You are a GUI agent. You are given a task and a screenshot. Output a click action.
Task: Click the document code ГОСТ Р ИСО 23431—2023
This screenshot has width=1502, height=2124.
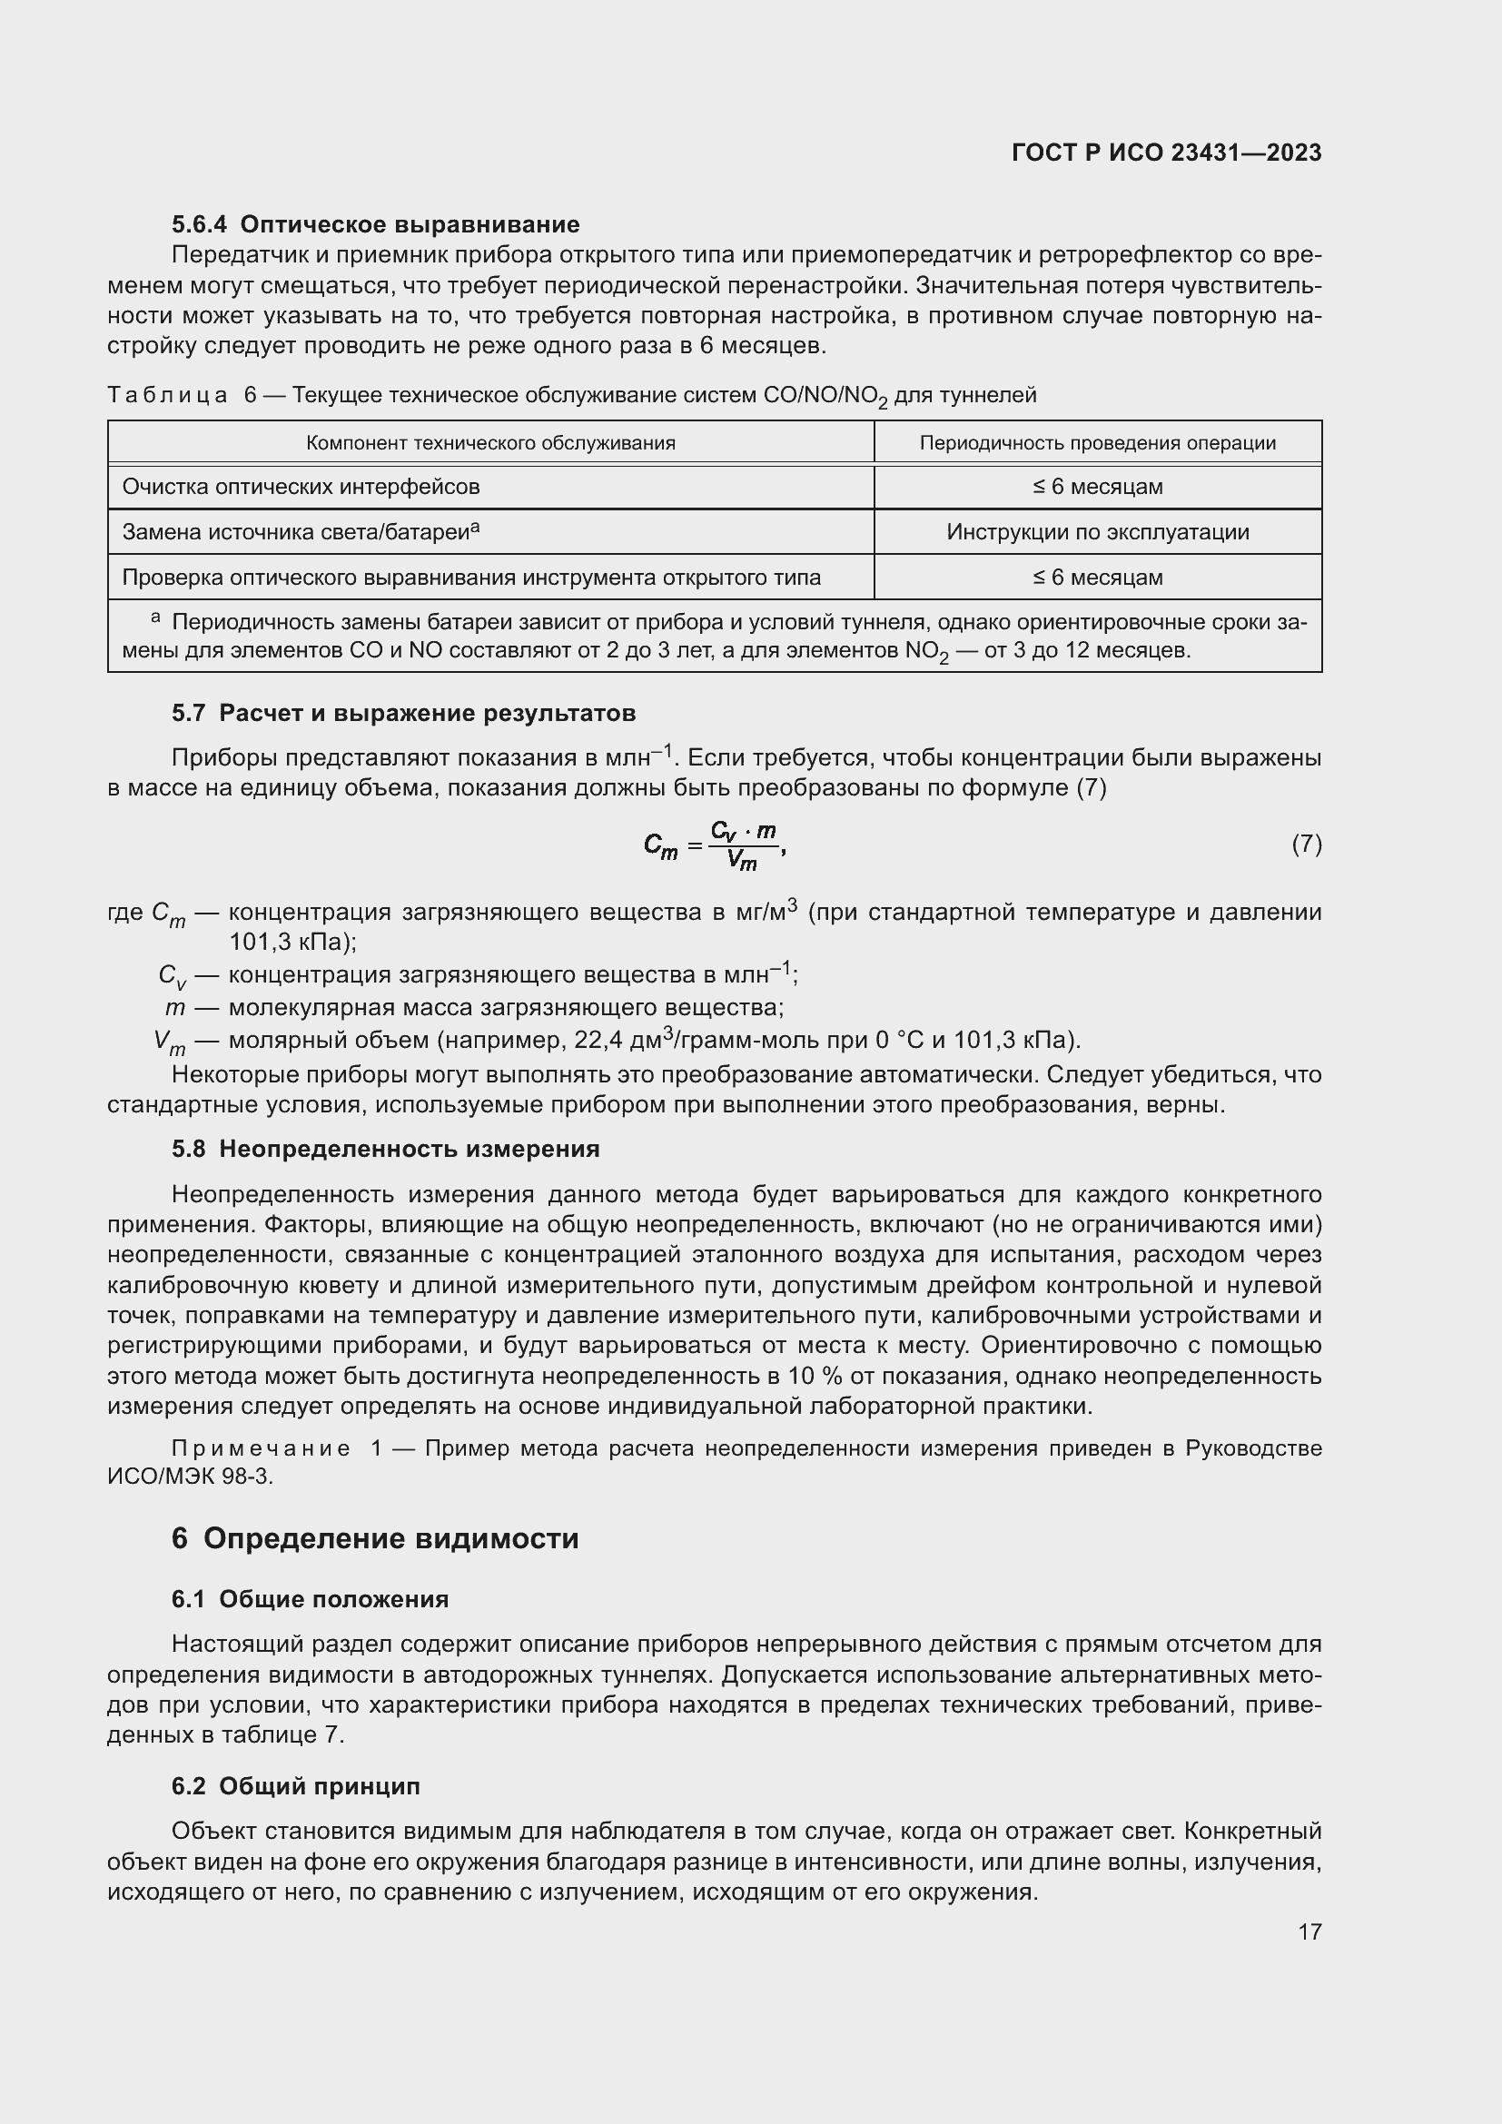[x=1166, y=153]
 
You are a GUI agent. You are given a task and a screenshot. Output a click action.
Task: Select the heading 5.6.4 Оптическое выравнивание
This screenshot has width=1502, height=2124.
[x=376, y=224]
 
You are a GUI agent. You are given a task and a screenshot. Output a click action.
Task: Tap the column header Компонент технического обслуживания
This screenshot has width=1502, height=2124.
[x=490, y=442]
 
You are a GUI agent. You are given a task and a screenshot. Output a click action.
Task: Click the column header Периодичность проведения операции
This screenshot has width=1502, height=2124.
[x=1097, y=442]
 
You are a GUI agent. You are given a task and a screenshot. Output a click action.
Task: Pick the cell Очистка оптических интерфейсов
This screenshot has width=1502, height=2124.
[x=301, y=487]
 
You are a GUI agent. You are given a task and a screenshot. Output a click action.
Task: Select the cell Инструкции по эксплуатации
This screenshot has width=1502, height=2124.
[x=1097, y=532]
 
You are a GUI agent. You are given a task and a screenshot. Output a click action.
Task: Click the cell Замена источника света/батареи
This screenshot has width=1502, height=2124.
[x=301, y=532]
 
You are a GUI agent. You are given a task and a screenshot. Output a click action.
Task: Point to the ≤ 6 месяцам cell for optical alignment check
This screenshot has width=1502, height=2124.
[x=1097, y=578]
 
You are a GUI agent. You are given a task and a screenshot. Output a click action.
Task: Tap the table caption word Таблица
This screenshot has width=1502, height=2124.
[x=167, y=396]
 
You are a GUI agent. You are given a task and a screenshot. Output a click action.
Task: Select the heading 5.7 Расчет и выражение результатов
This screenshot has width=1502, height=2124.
[x=403, y=713]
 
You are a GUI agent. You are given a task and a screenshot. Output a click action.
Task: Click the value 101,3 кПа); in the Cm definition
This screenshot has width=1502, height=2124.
[x=292, y=942]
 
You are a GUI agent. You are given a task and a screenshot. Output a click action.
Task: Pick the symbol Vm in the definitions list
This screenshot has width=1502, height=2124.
[x=170, y=1042]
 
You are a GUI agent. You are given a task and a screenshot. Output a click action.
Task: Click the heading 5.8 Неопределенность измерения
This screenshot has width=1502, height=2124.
[x=385, y=1149]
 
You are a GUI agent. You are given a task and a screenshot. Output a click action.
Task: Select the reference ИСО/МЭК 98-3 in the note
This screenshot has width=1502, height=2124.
[x=190, y=1476]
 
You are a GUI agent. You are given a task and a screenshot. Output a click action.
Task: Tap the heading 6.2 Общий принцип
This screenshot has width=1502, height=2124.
[x=296, y=1785]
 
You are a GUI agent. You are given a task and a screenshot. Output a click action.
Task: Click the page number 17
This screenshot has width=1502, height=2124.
[x=1309, y=1931]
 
